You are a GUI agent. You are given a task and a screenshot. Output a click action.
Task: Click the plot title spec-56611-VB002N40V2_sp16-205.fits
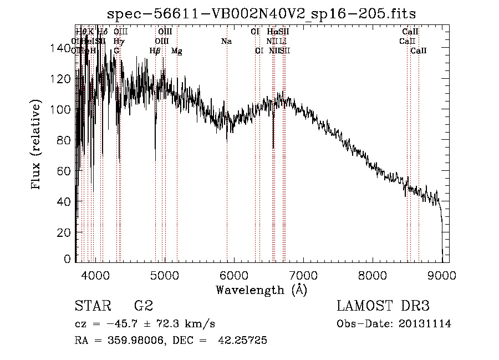pyautogui.click(x=262, y=13)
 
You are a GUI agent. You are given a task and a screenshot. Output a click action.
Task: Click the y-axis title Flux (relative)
pyautogui.click(x=37, y=145)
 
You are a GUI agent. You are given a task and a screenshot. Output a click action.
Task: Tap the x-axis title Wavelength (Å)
pyautogui.click(x=261, y=290)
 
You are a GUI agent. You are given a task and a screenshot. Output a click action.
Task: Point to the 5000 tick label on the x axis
pyautogui.click(x=164, y=275)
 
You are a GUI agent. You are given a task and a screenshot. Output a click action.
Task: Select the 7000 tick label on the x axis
pyautogui.click(x=303, y=275)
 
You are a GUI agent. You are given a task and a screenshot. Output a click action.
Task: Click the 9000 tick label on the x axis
pyautogui.click(x=442, y=275)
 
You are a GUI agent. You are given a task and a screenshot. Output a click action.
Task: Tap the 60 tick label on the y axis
pyautogui.click(x=64, y=171)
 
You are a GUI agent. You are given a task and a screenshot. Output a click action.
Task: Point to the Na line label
pyautogui.click(x=226, y=42)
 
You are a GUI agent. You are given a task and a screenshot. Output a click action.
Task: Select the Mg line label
pyautogui.click(x=176, y=51)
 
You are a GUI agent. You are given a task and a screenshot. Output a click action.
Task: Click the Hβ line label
pyautogui.click(x=155, y=51)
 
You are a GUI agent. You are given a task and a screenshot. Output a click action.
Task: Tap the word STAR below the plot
pyautogui.click(x=92, y=306)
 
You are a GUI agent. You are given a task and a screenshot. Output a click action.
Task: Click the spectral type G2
pyautogui.click(x=143, y=306)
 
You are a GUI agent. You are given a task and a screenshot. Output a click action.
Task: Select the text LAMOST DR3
pyautogui.click(x=383, y=306)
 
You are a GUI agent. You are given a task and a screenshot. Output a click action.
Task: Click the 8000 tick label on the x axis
pyautogui.click(x=373, y=275)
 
